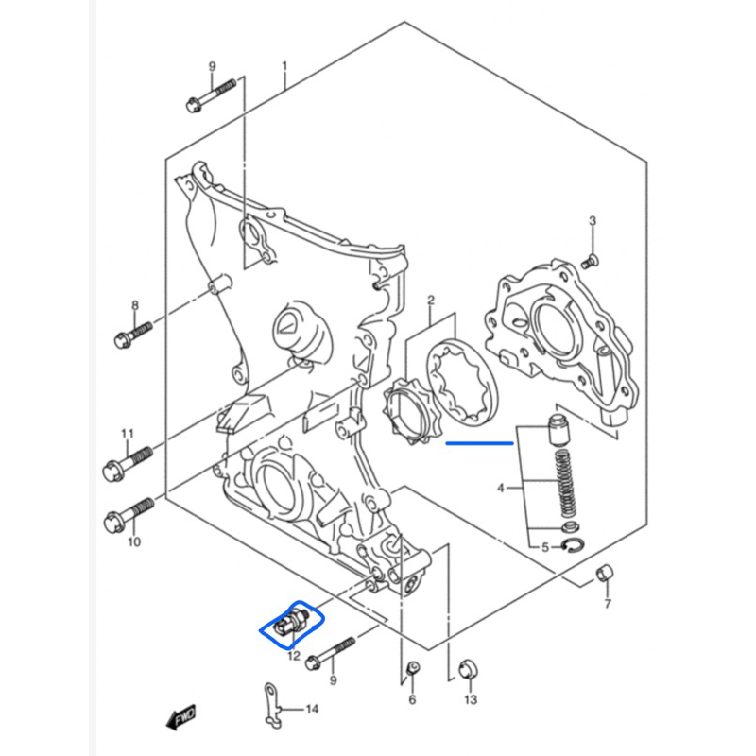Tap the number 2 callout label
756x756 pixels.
[430, 302]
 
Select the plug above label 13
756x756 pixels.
[466, 670]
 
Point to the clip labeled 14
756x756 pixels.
[272, 706]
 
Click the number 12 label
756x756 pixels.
[293, 655]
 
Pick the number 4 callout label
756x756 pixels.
[502, 489]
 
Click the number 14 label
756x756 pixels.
[313, 707]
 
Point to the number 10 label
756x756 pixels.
[134, 542]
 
